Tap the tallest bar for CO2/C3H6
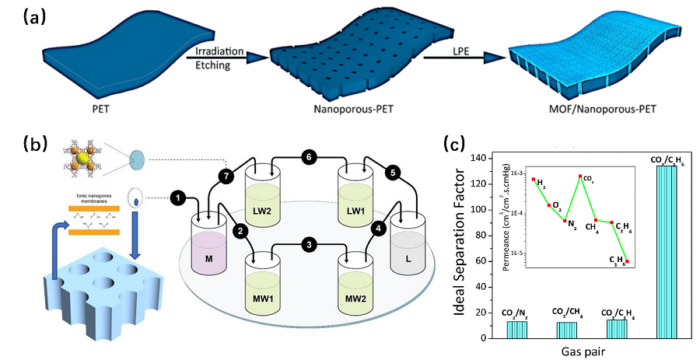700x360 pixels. click(x=667, y=253)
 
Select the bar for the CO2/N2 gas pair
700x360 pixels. click(x=517, y=330)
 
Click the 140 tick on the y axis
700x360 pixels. click(x=481, y=159)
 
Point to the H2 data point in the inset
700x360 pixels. click(x=534, y=180)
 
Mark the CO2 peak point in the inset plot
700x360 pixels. click(x=580, y=177)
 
